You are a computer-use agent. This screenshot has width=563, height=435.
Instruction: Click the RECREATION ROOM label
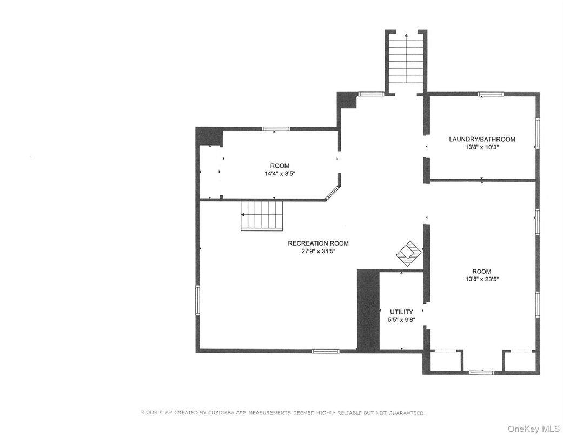click(x=318, y=243)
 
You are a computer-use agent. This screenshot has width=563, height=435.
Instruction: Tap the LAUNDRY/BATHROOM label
click(x=482, y=139)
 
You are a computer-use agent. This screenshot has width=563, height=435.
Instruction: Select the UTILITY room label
click(x=401, y=312)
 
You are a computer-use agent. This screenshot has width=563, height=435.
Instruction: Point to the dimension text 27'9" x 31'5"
click(x=318, y=252)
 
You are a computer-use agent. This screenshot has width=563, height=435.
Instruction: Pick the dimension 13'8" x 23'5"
click(x=482, y=279)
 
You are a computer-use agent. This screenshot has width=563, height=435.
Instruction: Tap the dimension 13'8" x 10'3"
click(x=482, y=147)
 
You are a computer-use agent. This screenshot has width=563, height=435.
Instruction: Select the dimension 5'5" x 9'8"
click(x=401, y=320)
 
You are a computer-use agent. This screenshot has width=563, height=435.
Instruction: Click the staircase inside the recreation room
click(x=262, y=215)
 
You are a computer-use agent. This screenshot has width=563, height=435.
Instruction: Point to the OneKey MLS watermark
click(x=534, y=429)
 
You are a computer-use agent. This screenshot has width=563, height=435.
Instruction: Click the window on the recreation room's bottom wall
click(x=325, y=351)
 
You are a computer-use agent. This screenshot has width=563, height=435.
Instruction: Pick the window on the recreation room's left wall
click(x=197, y=300)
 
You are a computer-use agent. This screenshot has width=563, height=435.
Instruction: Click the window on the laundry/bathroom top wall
click(x=491, y=94)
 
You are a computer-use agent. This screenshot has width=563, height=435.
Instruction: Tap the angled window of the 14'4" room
click(x=333, y=192)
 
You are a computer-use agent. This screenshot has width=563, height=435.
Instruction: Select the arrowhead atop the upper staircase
click(x=406, y=35)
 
